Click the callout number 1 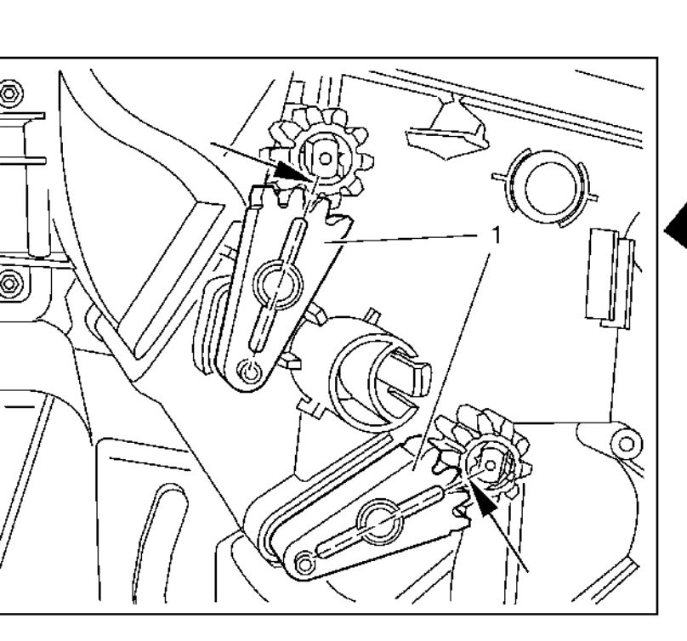[496, 235]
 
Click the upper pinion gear [322, 156]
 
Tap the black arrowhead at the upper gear [288, 170]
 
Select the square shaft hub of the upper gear [325, 158]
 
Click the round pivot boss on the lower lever [380, 521]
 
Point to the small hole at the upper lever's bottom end [251, 372]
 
